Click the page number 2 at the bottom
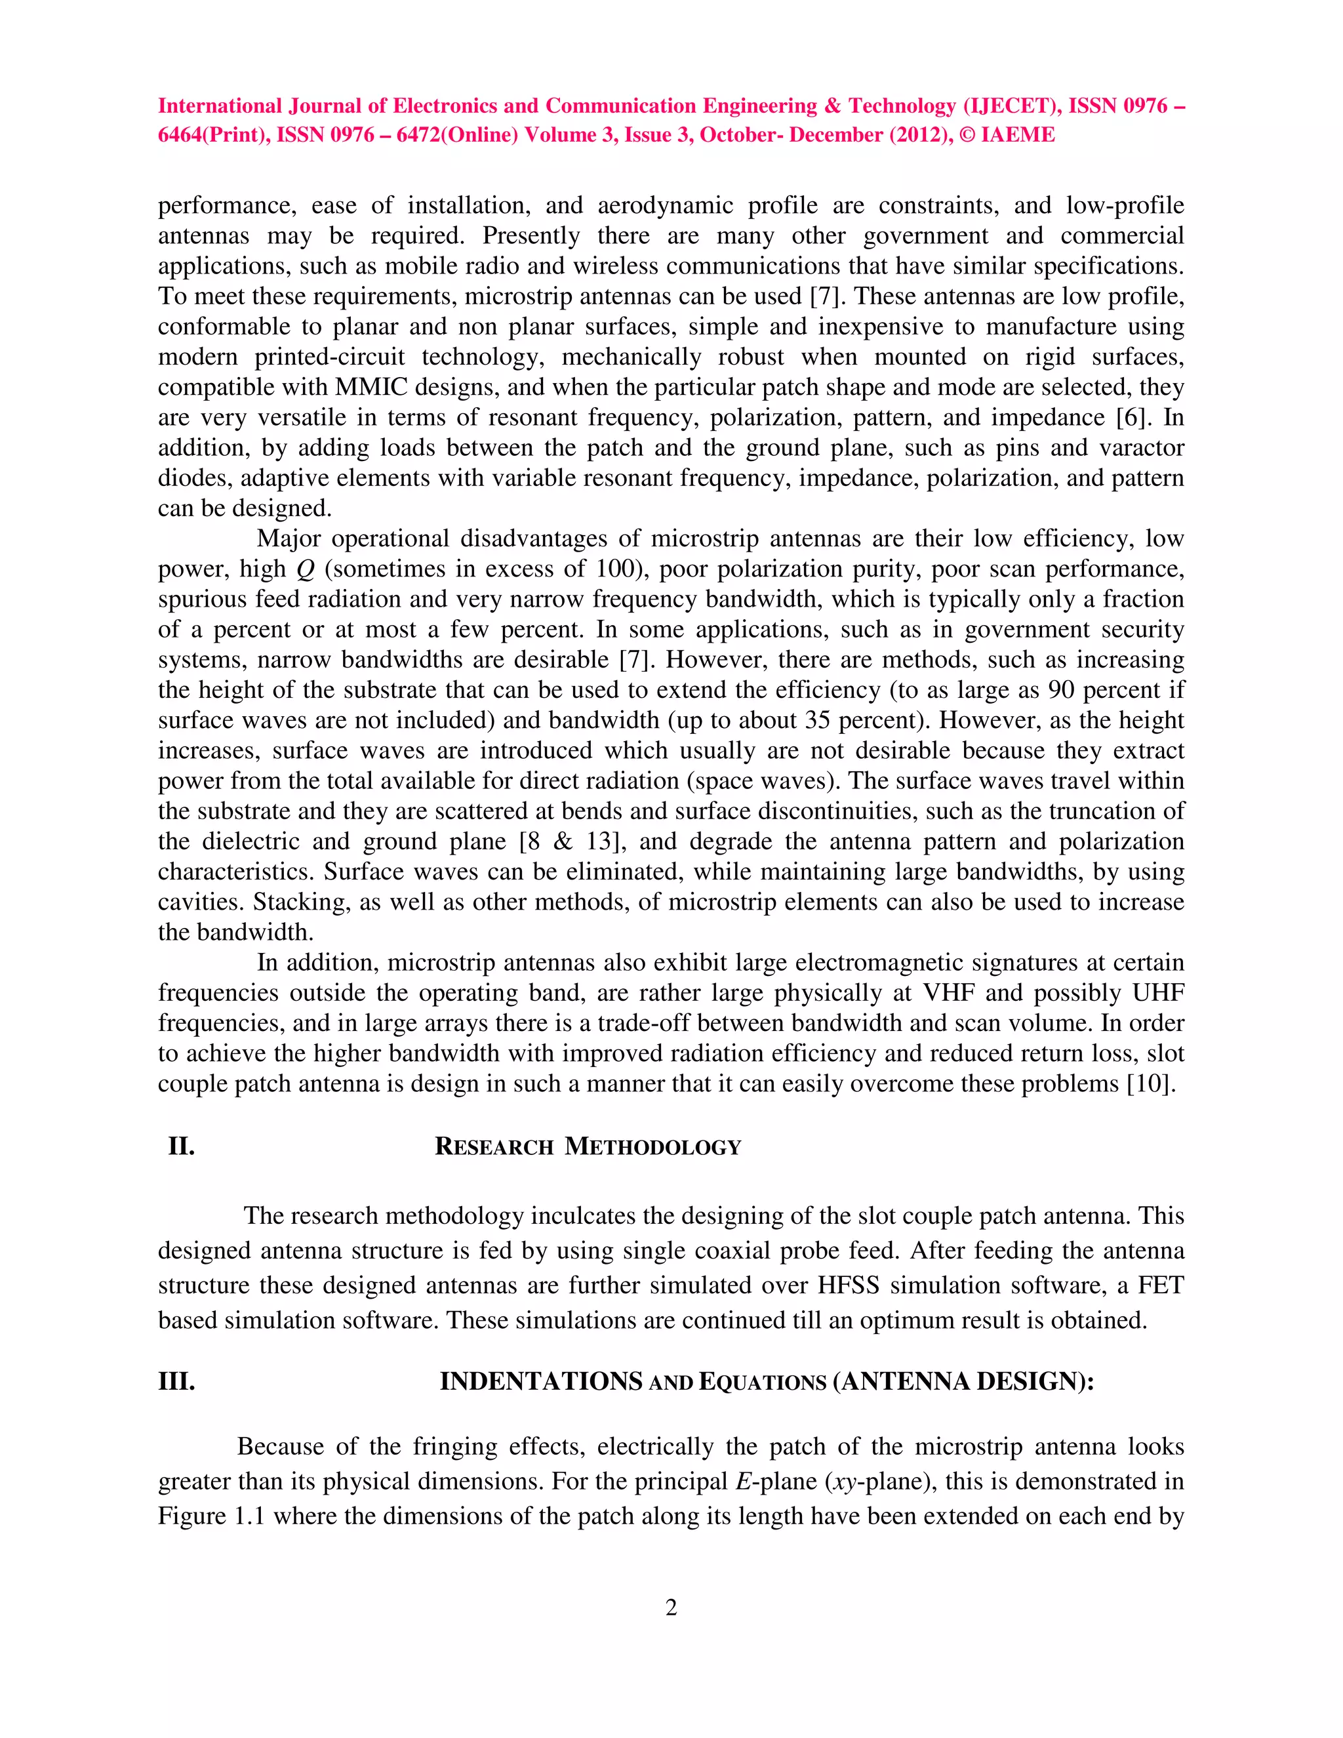pyautogui.click(x=671, y=1608)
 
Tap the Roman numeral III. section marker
pyautogui.click(x=176, y=1381)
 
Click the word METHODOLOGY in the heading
pyautogui.click(x=652, y=1148)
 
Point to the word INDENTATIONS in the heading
pyautogui.click(x=541, y=1381)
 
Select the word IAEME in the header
pyautogui.click(x=1018, y=135)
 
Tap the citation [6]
pyautogui.click(x=1134, y=418)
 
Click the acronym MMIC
pyautogui.click(x=372, y=388)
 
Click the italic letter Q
pyautogui.click(x=305, y=570)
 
